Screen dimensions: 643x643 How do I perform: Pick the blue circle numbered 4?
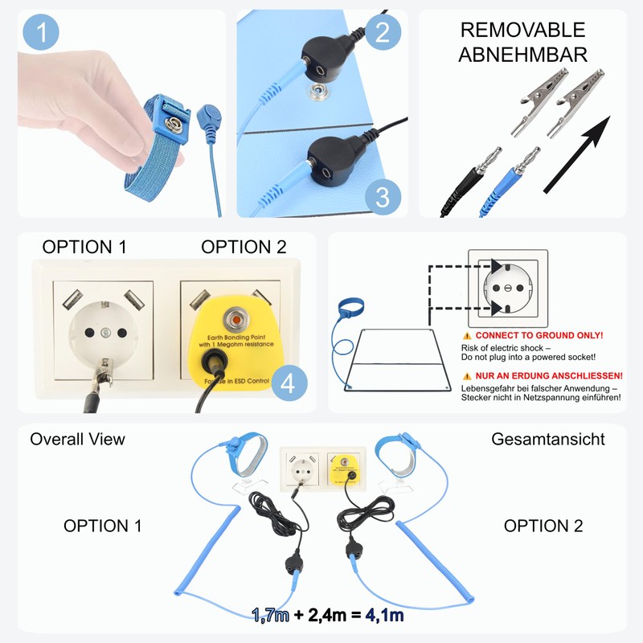tap(289, 383)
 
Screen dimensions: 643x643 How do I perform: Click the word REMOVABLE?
tap(522, 31)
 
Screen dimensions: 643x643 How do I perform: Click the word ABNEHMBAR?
tap(522, 55)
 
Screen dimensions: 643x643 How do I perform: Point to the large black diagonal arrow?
tap(576, 154)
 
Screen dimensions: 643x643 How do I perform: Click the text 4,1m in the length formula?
tap(383, 616)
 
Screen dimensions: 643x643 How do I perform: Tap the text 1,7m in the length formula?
tap(270, 616)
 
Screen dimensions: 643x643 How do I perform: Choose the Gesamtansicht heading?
tap(548, 439)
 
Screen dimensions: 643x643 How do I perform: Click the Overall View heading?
tap(78, 439)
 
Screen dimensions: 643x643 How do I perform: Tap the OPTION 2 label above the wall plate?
tap(244, 247)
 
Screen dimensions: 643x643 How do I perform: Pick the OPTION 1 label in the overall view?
tap(103, 526)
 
